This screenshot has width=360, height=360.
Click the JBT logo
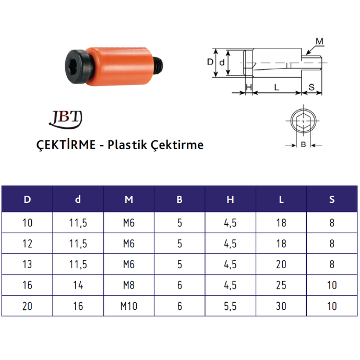click(65, 118)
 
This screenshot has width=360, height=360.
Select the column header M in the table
click(129, 199)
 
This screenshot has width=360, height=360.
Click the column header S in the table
click(332, 199)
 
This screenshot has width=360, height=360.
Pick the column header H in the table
click(231, 199)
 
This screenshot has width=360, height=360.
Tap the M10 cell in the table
click(129, 306)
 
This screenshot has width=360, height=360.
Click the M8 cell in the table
click(129, 285)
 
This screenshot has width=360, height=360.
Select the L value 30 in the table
click(281, 306)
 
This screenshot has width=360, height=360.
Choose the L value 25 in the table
click(281, 285)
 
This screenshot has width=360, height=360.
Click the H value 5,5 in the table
click(231, 306)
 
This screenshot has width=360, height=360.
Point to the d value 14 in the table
click(78, 285)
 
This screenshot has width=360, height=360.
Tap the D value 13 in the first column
click(27, 265)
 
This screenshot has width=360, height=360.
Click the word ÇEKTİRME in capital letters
click(65, 145)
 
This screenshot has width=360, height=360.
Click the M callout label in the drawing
click(319, 41)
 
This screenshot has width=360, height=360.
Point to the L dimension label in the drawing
click(277, 87)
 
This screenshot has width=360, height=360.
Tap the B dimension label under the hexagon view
click(303, 144)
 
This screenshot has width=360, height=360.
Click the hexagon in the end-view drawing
click(303, 122)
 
